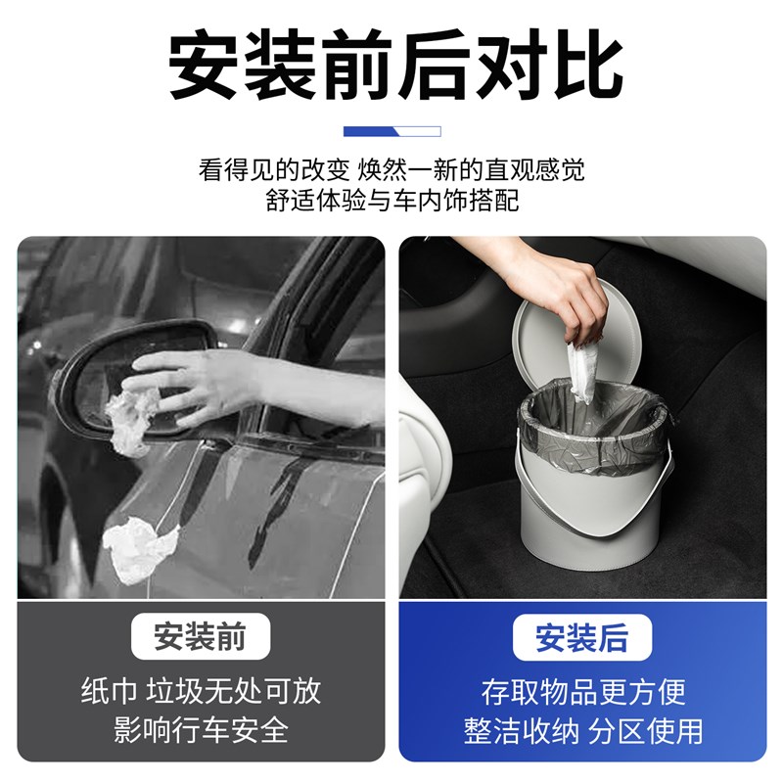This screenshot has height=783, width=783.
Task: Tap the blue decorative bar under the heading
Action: [x=391, y=131]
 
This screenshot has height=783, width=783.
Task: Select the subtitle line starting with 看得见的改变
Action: [x=391, y=169]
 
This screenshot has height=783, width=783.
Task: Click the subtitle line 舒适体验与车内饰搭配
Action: [x=391, y=201]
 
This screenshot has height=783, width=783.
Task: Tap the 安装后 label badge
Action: [x=581, y=637]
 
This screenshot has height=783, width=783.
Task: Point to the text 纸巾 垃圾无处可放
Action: [x=200, y=691]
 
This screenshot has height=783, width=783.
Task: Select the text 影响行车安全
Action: [x=200, y=729]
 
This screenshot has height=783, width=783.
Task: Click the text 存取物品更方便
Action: [x=582, y=691]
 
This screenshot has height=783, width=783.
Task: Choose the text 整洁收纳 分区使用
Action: [x=582, y=729]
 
